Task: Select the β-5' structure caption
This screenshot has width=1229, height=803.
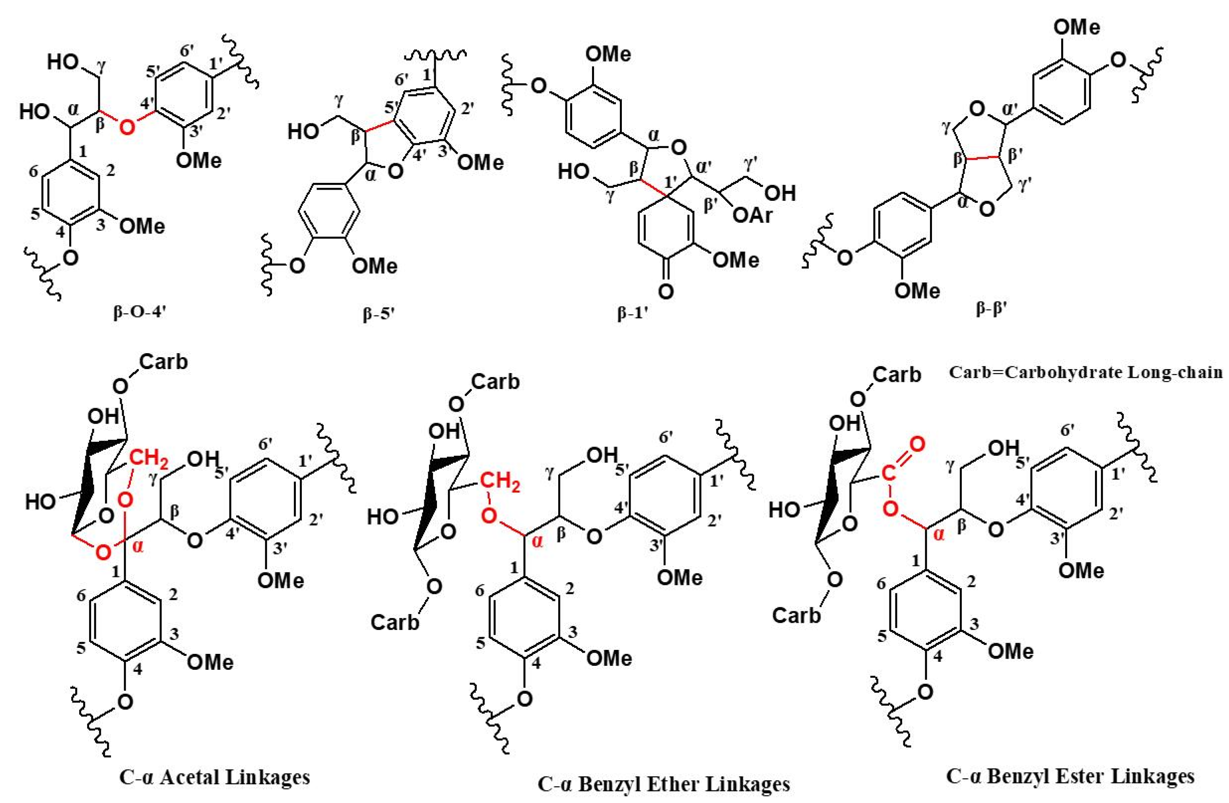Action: pyautogui.click(x=379, y=315)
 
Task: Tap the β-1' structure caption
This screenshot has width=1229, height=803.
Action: pyautogui.click(x=632, y=314)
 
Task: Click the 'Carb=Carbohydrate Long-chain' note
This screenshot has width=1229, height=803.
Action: pyautogui.click(x=1085, y=372)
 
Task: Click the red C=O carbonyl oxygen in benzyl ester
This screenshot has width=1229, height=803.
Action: pyautogui.click(x=916, y=443)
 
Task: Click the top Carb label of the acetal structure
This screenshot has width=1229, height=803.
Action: pyautogui.click(x=163, y=362)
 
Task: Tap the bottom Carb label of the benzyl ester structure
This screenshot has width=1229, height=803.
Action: pyautogui.click(x=796, y=615)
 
